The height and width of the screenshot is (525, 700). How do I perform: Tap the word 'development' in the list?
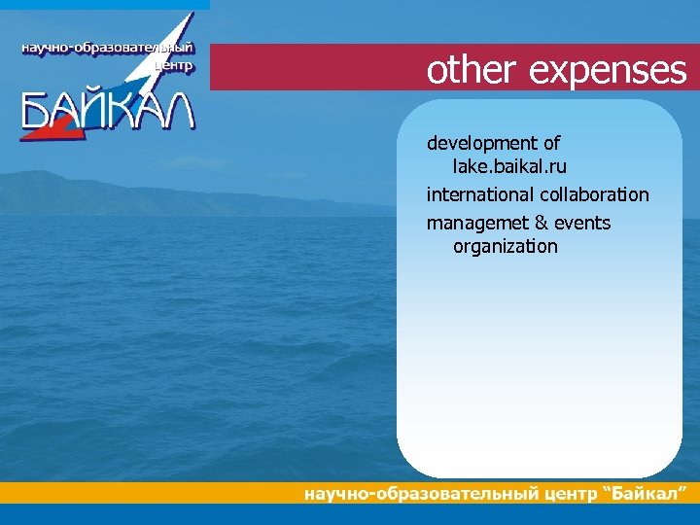point(482,145)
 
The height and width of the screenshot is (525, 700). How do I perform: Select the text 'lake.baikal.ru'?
point(509,167)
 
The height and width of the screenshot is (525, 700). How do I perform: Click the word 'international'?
point(477,195)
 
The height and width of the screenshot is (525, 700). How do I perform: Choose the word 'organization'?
point(506,247)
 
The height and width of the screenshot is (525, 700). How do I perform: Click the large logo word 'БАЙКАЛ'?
point(108,113)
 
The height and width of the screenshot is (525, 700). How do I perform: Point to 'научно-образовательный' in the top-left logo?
point(107,49)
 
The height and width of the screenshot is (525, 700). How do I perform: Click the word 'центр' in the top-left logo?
point(175,67)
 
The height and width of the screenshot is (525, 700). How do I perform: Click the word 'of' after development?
point(551,145)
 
